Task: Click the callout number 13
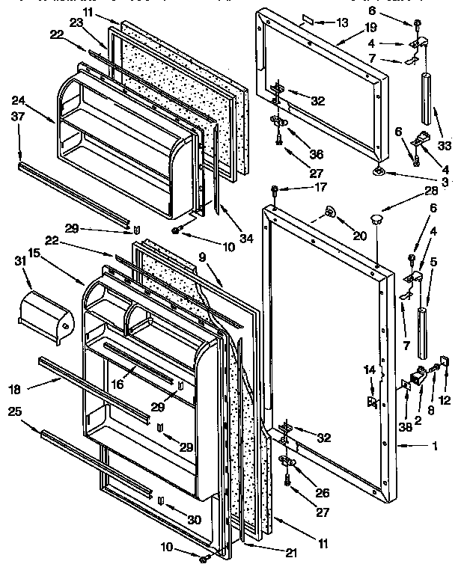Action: point(342,22)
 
